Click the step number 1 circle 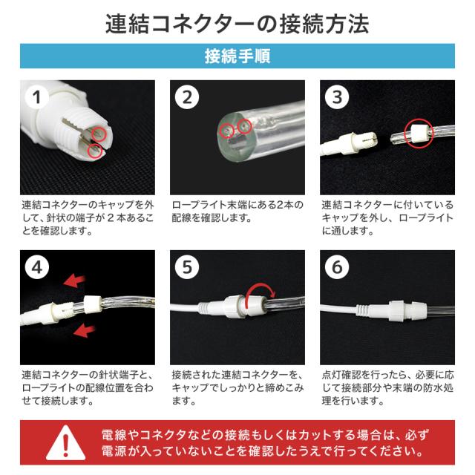[x=37, y=97]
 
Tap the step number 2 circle [x=187, y=97]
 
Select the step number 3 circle [x=337, y=97]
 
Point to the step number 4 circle [x=37, y=267]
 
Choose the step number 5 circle [x=187, y=267]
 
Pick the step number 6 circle [x=337, y=267]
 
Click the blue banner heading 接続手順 [x=237, y=56]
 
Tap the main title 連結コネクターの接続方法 [x=237, y=24]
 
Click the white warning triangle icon [x=66, y=442]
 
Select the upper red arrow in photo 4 [x=74, y=281]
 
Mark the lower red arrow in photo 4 [x=84, y=330]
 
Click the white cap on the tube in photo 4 [x=92, y=305]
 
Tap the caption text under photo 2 [x=237, y=212]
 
